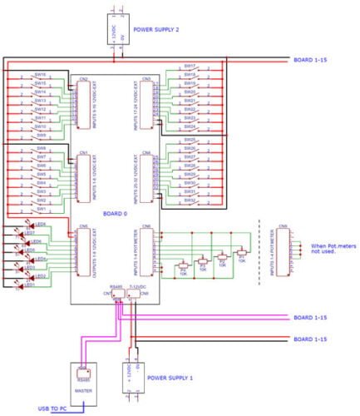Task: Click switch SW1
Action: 39,209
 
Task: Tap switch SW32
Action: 190,201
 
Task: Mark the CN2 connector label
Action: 83,80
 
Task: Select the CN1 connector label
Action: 83,154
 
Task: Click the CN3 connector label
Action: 146,80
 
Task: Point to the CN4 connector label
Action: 146,154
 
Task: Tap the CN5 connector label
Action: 83,225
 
